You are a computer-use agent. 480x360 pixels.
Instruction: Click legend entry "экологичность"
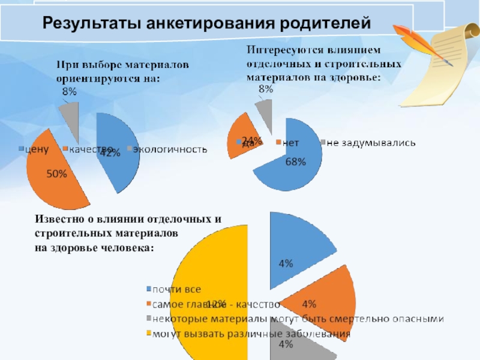click(x=170, y=149)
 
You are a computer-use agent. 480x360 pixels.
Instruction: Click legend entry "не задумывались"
click(x=370, y=143)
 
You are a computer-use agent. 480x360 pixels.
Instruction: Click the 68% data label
click(x=296, y=161)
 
